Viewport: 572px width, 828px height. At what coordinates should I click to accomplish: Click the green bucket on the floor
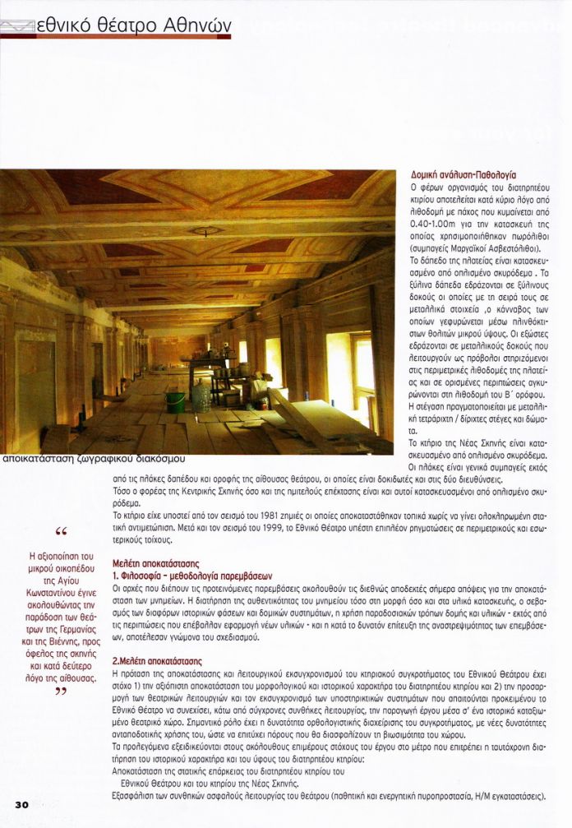(x=175, y=402)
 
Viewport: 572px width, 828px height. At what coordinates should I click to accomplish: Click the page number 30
(x=21, y=803)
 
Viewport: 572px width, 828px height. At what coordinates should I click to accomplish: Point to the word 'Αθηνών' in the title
(x=196, y=26)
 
